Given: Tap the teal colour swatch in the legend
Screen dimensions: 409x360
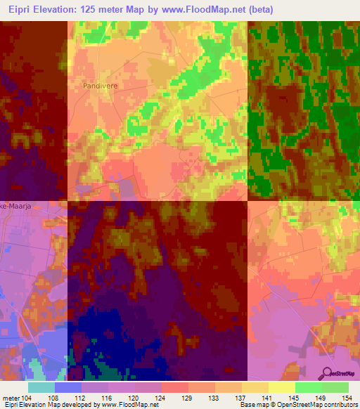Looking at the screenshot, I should click(x=41, y=387).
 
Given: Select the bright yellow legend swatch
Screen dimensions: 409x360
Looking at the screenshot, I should click(x=282, y=387).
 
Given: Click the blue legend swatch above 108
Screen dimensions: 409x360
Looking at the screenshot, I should click(x=68, y=387).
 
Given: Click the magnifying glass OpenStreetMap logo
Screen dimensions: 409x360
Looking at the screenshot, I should click(x=326, y=373).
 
